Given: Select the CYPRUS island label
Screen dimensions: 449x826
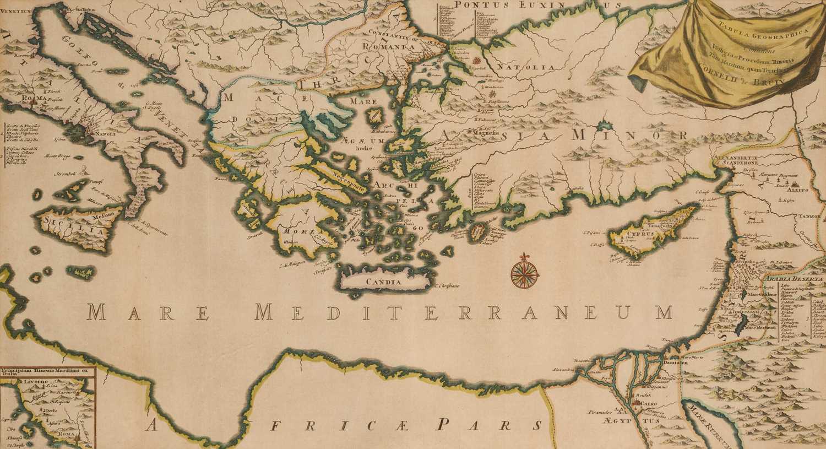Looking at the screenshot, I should tap(638, 234).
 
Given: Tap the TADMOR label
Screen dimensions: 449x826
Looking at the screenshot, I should tap(808, 217).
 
